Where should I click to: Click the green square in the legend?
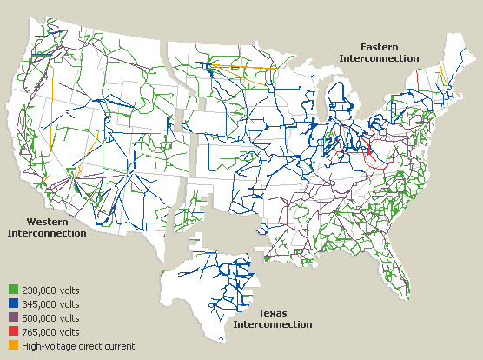click(13, 290)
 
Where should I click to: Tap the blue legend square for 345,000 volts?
click(13, 304)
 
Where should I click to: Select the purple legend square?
click(13, 318)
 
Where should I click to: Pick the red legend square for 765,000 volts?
click(13, 332)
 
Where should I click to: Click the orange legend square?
click(13, 346)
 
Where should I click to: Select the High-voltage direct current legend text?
click(78, 346)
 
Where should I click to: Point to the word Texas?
click(273, 312)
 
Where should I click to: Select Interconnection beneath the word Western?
click(47, 233)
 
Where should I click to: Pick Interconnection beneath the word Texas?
click(272, 324)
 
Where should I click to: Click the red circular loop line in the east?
click(375, 155)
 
